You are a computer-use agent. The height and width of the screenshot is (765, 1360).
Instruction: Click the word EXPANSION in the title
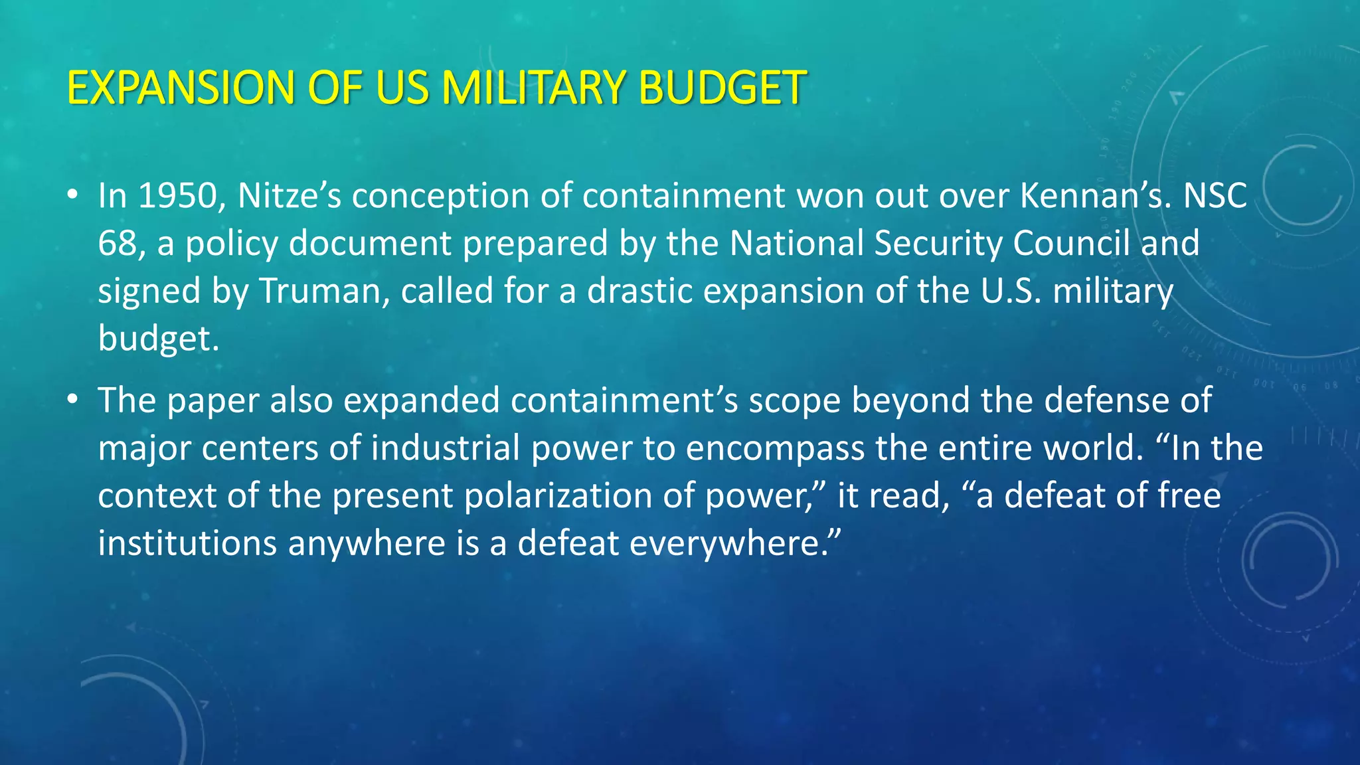180,88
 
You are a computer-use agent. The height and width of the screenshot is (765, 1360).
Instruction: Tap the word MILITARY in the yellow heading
534,88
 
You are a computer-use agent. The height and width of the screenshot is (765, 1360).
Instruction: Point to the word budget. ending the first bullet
158,339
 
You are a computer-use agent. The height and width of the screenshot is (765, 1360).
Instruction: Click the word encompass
774,448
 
